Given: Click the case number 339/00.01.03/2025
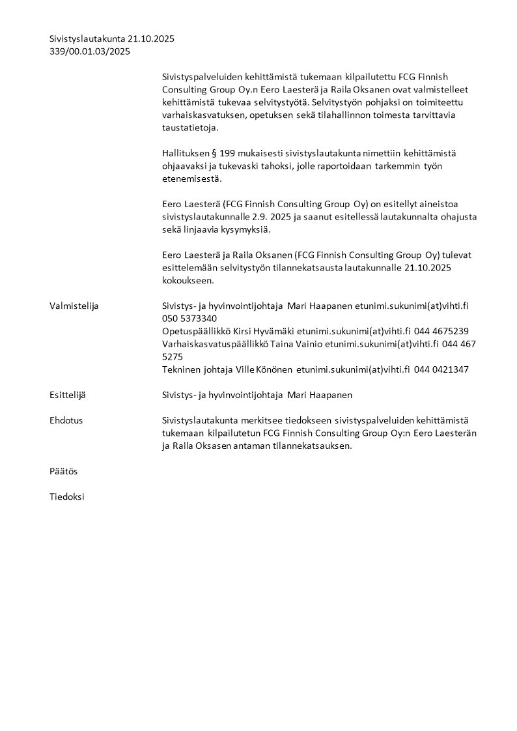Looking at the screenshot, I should [89, 51].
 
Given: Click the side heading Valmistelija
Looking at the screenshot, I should [74, 306].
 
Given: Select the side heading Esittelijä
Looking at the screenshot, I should [67, 395].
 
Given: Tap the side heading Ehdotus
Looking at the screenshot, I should [66, 420].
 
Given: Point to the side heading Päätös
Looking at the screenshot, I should [63, 471].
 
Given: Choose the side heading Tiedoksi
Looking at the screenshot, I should [66, 496].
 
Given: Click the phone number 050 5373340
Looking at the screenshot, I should [189, 318].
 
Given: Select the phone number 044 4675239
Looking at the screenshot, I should [441, 331].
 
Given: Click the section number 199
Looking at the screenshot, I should [227, 153].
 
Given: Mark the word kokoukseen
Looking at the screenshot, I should [188, 280].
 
